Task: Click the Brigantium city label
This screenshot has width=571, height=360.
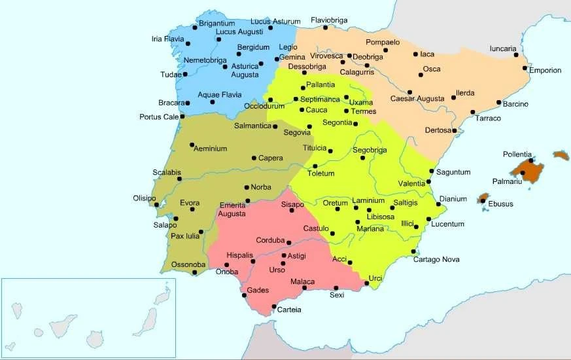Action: [216, 23]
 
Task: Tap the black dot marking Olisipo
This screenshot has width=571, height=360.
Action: [157, 205]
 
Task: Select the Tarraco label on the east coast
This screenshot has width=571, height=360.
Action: [488, 118]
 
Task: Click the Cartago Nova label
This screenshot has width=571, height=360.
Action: [436, 260]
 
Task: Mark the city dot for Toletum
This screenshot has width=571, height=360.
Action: [315, 166]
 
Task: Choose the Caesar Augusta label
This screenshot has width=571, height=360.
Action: [417, 99]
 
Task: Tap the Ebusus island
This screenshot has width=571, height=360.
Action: [483, 198]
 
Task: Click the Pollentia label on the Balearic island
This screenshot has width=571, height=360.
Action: [517, 154]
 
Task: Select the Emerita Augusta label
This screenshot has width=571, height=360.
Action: [232, 209]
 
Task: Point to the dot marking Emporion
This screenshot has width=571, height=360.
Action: [525, 68]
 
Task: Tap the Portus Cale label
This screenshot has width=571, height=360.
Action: [158, 117]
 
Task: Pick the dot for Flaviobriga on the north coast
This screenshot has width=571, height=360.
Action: [325, 27]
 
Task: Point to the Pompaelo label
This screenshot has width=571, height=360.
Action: [383, 43]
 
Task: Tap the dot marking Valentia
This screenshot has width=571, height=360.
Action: [428, 181]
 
